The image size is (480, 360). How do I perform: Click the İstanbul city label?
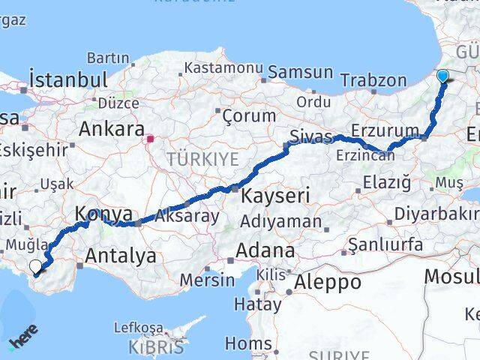[x=68, y=79]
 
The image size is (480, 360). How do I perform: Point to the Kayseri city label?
[x=275, y=196]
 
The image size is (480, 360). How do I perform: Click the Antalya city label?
[x=121, y=256]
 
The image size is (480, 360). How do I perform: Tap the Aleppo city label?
[x=328, y=282]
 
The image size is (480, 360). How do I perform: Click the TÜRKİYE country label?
[x=202, y=158]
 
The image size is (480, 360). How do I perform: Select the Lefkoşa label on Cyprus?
[x=139, y=328]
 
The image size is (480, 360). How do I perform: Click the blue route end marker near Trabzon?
[x=442, y=76]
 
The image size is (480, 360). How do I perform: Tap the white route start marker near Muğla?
[x=35, y=265]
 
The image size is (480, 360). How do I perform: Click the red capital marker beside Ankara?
[x=150, y=138]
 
